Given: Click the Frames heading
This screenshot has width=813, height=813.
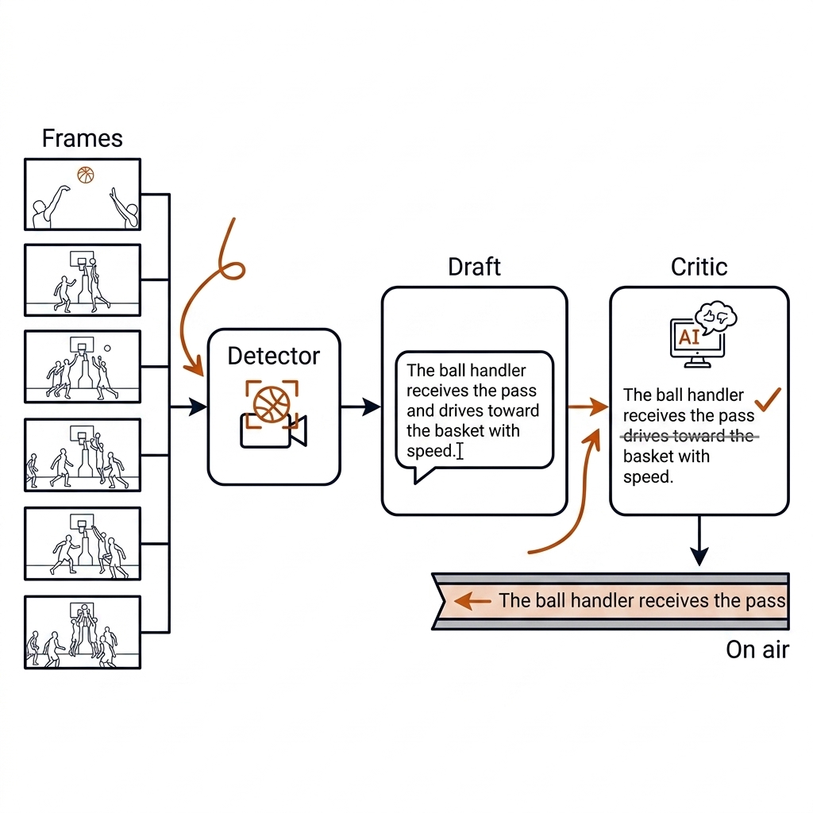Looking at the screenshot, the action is (82, 138).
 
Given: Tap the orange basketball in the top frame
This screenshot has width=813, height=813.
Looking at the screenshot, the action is (86, 175).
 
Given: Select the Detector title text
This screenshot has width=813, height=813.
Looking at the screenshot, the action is (274, 356).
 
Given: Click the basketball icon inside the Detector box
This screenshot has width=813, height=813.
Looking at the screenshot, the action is (272, 404).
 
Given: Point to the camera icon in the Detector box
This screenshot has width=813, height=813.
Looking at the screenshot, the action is (273, 430).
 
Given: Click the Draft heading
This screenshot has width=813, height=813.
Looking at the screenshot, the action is (474, 267).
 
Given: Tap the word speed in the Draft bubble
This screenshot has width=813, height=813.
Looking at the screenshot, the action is (430, 451).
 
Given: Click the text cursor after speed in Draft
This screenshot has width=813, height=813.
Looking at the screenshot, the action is (460, 451).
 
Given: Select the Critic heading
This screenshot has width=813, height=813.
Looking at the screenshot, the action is (699, 267).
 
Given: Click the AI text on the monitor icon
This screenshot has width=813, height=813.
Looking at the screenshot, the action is (688, 337).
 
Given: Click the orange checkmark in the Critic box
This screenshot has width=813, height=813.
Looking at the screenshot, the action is (768, 399).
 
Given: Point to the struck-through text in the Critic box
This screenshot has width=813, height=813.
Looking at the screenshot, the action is (688, 436).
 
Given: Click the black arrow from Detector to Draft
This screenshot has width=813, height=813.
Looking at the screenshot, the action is (360, 407).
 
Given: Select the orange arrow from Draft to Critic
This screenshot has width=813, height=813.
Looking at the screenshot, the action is (588, 407).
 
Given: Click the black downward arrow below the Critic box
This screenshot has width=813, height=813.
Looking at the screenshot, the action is (699, 541).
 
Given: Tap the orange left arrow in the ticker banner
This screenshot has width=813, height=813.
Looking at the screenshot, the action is (472, 601).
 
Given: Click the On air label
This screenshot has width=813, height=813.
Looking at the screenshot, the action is (757, 649).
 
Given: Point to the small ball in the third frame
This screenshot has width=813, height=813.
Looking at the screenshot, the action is (107, 349).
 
